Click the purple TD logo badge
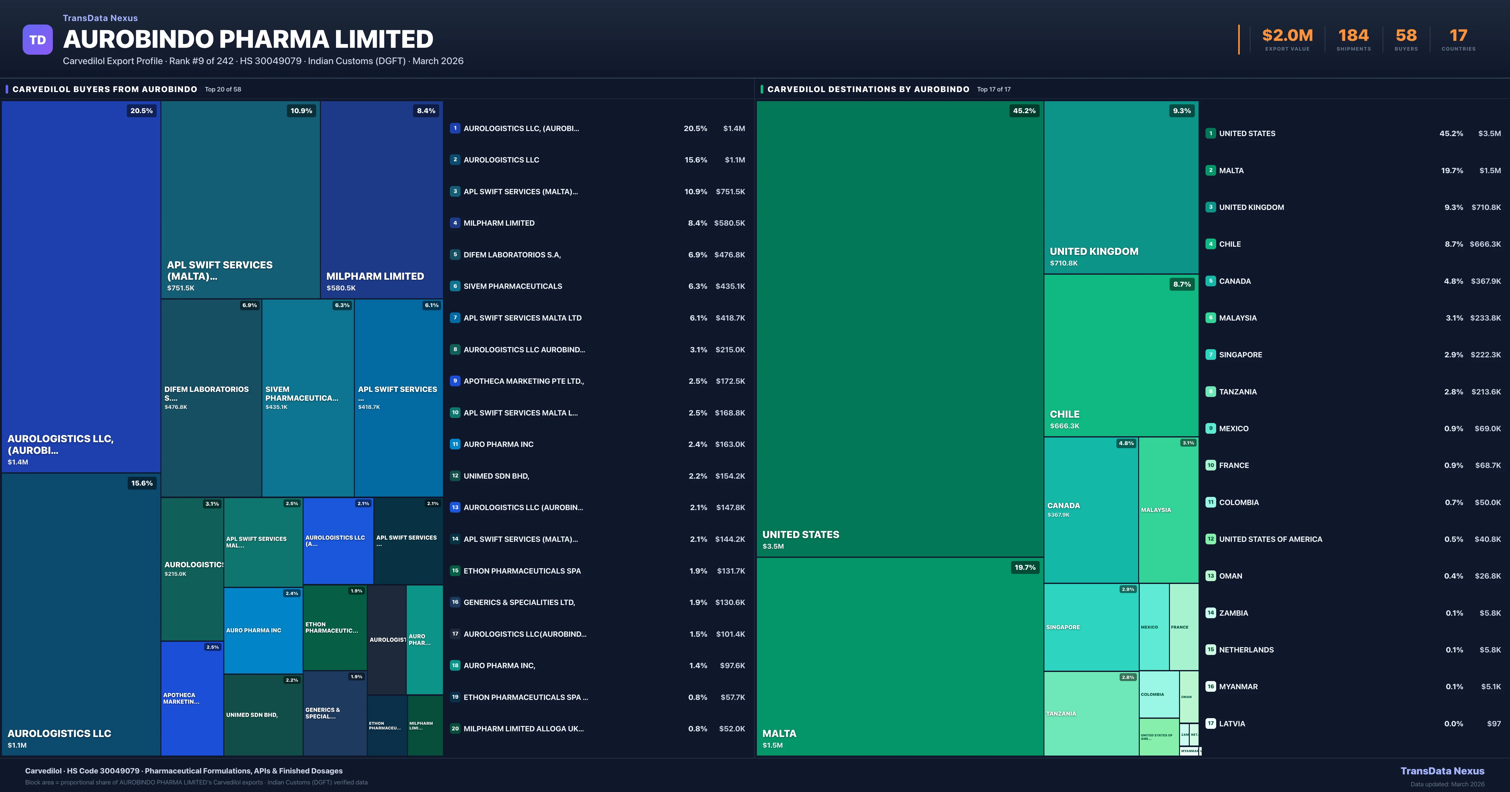click(37, 40)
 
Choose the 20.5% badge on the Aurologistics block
click(141, 111)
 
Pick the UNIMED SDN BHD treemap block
click(263, 715)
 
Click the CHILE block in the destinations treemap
click(1121, 355)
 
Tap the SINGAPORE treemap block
click(1091, 627)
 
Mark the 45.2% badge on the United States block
click(1024, 111)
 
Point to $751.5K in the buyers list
click(730, 191)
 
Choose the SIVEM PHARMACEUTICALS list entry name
click(513, 286)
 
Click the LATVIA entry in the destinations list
click(1232, 723)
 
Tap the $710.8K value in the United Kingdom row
click(1486, 207)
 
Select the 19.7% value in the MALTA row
click(1452, 170)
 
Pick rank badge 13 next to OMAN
click(1211, 576)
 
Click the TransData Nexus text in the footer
click(1442, 771)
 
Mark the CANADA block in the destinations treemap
click(1091, 510)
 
